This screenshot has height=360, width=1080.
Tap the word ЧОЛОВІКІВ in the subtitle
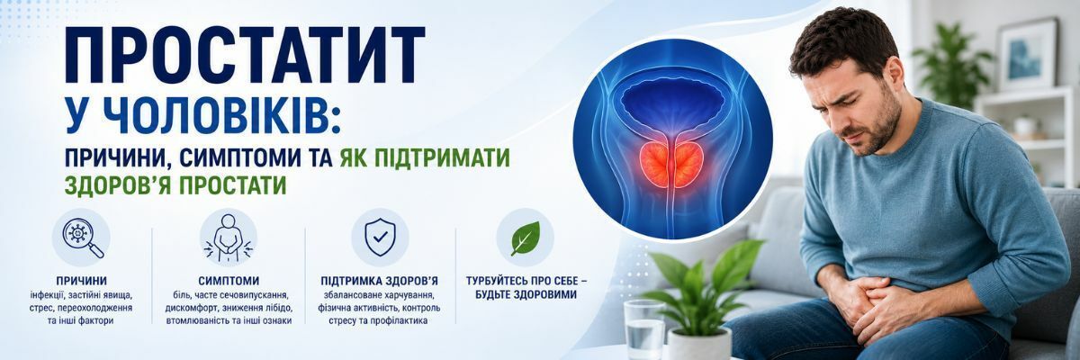click(217, 116)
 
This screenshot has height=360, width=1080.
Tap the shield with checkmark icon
click(380, 237)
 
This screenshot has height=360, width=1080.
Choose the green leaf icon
click(526, 238)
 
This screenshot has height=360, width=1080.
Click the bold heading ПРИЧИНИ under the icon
click(82, 281)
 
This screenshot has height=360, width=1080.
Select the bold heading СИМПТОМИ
click(229, 281)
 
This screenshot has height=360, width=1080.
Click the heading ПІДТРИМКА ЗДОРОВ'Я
click(380, 281)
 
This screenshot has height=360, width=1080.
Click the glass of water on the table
click(644, 329)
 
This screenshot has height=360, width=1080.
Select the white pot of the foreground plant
click(701, 344)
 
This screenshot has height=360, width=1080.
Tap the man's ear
click(895, 77)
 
